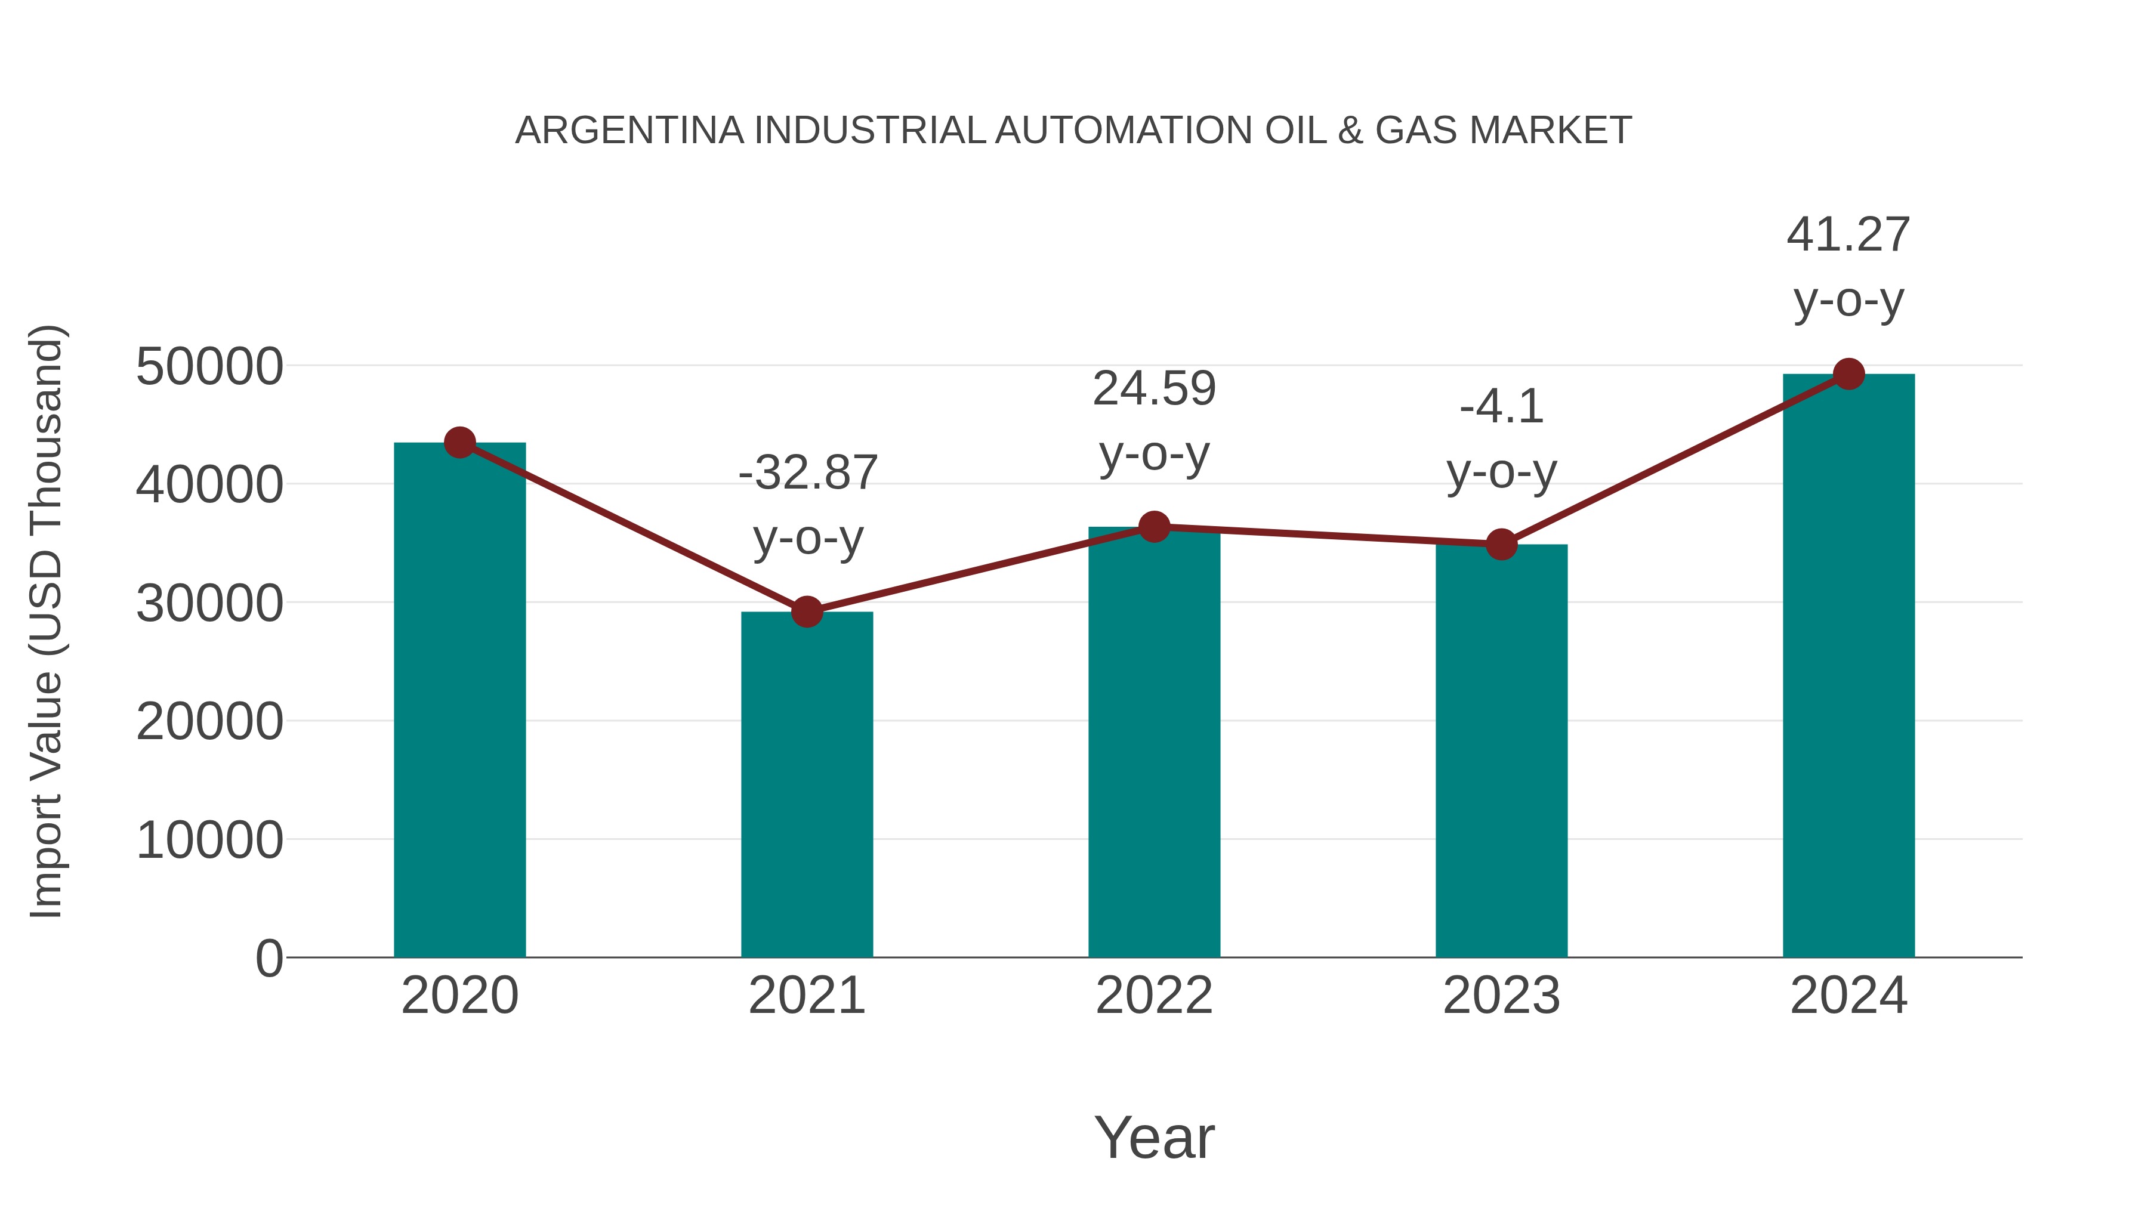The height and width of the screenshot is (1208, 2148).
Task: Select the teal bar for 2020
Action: (459, 700)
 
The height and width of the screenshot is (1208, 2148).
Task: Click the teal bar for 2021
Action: (806, 784)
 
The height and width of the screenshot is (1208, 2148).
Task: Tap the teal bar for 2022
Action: (1154, 742)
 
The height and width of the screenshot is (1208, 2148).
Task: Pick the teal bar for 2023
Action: (1501, 750)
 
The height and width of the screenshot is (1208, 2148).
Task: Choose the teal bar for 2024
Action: (1848, 667)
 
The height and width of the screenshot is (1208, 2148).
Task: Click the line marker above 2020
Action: (459, 443)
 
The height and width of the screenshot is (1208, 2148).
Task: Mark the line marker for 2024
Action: (1848, 374)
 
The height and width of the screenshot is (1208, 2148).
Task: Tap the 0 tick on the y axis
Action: (269, 959)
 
